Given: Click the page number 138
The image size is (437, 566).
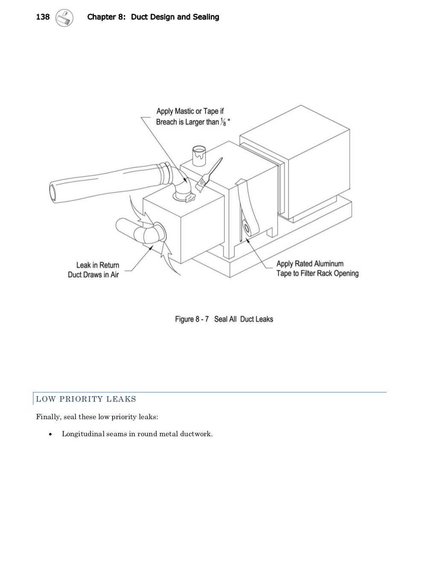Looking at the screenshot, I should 43,17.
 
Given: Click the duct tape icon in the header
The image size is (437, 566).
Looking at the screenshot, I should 64,18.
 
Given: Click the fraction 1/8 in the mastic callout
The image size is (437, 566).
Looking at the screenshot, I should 224,123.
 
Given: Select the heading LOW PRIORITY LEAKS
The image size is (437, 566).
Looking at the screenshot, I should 86,399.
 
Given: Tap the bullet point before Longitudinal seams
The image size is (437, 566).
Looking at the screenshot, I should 51,435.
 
